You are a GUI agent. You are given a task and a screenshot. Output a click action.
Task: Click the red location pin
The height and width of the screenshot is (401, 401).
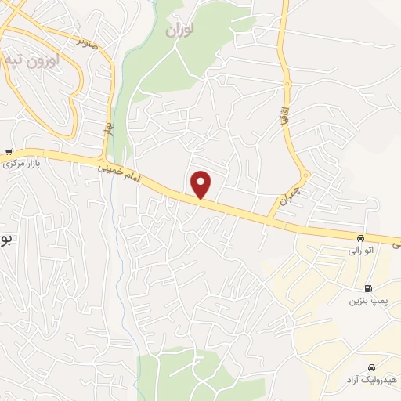[202, 185]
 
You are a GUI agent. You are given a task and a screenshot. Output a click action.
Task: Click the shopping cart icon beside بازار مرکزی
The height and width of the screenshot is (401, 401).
[8, 152]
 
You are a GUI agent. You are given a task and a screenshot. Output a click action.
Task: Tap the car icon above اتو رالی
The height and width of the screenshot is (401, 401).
[359, 238]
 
